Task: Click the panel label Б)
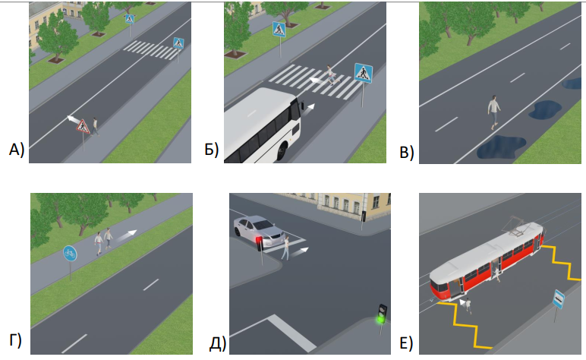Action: pyautogui.click(x=212, y=150)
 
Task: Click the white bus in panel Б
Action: pyautogui.click(x=262, y=127)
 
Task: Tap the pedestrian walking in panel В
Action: pyautogui.click(x=494, y=111)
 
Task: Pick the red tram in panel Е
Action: pyautogui.click(x=486, y=261)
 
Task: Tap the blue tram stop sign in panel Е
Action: pyautogui.click(x=558, y=298)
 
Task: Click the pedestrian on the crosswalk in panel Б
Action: pyautogui.click(x=330, y=74)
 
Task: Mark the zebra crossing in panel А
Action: pyautogui.click(x=152, y=50)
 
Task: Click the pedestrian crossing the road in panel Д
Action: pyautogui.click(x=287, y=247)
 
